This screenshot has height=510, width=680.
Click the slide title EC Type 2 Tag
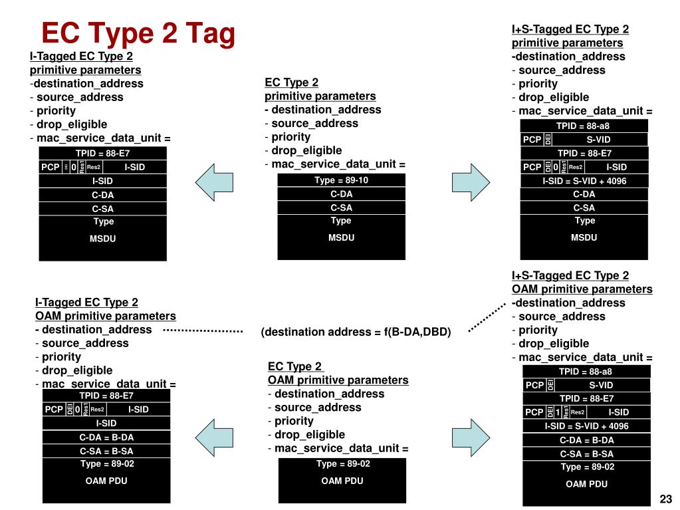click(138, 33)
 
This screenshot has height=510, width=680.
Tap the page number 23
click(665, 499)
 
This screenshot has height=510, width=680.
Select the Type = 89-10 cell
click(341, 180)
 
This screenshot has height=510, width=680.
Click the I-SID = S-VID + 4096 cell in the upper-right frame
click(584, 181)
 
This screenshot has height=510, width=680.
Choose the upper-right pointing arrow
click(470, 180)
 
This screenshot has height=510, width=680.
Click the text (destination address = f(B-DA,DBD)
click(356, 332)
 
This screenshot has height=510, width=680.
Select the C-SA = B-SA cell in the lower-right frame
click(586, 453)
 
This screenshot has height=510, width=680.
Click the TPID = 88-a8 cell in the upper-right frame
click(583, 126)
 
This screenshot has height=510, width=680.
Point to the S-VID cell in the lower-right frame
click(600, 385)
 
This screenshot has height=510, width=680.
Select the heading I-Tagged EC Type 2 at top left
click(81, 56)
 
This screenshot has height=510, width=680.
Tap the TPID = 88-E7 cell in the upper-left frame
click(102, 154)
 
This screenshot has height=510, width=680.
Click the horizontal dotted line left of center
click(202, 330)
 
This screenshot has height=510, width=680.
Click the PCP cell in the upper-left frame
click(51, 167)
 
